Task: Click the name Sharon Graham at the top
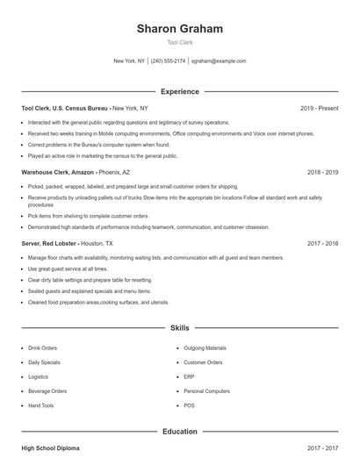pyautogui.click(x=179, y=28)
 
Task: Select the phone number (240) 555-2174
pyautogui.click(x=169, y=61)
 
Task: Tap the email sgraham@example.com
pyautogui.click(x=219, y=61)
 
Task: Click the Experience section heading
pyautogui.click(x=179, y=91)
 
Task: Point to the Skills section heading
pyautogui.click(x=179, y=328)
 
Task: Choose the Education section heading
pyautogui.click(x=179, y=432)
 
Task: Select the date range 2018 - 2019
pyautogui.click(x=322, y=173)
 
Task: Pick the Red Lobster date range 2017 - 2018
pyautogui.click(x=322, y=243)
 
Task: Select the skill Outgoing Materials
pyautogui.click(x=205, y=348)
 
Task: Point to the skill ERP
pyautogui.click(x=189, y=376)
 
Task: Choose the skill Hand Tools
pyautogui.click(x=41, y=405)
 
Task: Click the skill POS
pyautogui.click(x=189, y=405)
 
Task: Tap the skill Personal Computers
pyautogui.click(x=207, y=390)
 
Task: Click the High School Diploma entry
pyautogui.click(x=50, y=448)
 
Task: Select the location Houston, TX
pyautogui.click(x=97, y=243)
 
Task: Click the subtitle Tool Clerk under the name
pyautogui.click(x=179, y=42)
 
